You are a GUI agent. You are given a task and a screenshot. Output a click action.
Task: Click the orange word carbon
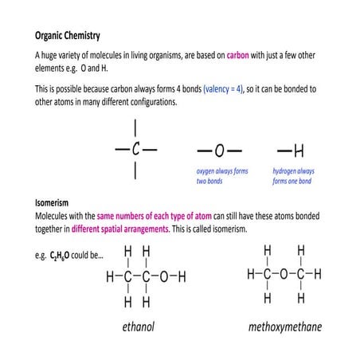[x=237, y=57]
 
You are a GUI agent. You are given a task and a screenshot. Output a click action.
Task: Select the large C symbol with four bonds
[x=136, y=149]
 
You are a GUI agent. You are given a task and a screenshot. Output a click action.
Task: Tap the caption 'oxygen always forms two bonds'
[x=222, y=176]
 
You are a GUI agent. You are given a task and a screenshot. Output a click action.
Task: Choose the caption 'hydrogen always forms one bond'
[x=293, y=176]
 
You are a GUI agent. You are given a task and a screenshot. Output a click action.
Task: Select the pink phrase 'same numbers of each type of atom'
[x=155, y=216]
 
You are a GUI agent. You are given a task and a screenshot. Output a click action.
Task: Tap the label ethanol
[x=139, y=327]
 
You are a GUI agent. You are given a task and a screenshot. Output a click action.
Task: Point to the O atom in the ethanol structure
[x=164, y=277]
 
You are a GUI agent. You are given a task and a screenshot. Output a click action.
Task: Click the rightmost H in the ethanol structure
[x=182, y=277]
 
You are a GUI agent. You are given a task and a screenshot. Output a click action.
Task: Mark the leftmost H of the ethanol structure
[x=111, y=277]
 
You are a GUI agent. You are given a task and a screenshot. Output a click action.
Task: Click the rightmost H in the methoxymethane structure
[x=317, y=274]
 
